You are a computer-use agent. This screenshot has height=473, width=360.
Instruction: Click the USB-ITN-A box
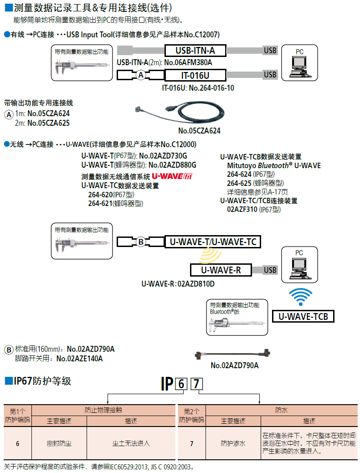coord(195,51)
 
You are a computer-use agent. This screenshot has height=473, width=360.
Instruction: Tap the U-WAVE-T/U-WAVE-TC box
coord(212,242)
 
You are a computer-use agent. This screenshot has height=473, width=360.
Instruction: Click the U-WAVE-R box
coord(220,270)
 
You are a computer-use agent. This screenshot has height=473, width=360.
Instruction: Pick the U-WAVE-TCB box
coord(303,316)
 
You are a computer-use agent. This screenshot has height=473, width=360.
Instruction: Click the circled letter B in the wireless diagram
coord(141,242)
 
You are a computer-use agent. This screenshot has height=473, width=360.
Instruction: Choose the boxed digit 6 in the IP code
coord(181,384)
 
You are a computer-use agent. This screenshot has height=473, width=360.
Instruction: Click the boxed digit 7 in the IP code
coord(196,384)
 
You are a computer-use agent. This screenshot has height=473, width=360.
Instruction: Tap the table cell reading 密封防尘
coord(59,443)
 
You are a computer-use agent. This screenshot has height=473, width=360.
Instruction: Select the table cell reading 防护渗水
coord(233,443)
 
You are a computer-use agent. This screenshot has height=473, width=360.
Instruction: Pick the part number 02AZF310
coord(242,209)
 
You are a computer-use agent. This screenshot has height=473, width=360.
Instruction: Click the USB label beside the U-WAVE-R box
coord(270,270)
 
